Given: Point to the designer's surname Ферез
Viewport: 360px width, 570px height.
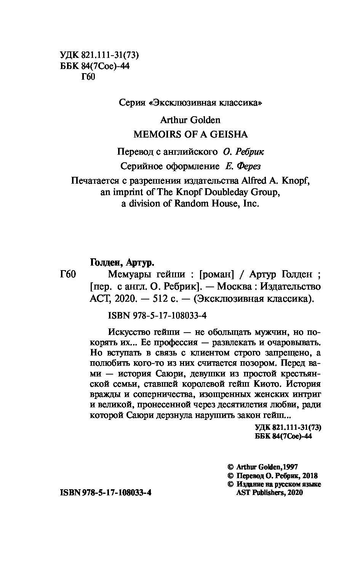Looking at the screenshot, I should click(248, 166).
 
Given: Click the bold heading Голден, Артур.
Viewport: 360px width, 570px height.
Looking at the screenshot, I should click(122, 263).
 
